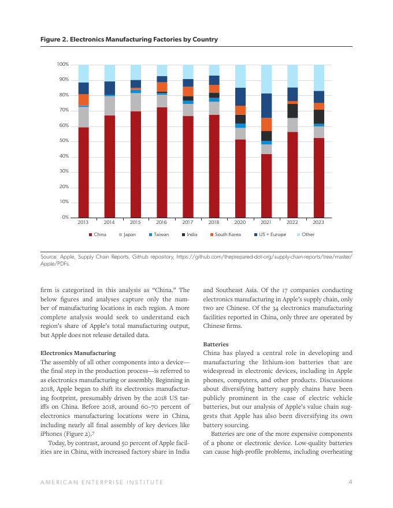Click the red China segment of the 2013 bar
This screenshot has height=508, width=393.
pos(83,172)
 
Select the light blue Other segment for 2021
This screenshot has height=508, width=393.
pos(266,79)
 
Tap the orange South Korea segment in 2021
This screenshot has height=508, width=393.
pos(266,124)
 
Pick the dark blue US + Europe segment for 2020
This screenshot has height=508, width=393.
pos(240,96)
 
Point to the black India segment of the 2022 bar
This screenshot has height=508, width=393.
pos(292,110)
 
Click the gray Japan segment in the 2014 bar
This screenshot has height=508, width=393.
pos(110,106)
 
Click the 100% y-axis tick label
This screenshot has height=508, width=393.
pos(62,65)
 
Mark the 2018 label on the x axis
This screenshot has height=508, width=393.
pos(214,222)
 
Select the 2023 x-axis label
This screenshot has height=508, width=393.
pos(318,222)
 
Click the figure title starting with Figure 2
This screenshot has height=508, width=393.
pos(129,39)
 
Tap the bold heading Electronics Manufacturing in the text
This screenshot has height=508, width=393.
pos(79,353)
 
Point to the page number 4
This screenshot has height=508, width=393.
pos(351,481)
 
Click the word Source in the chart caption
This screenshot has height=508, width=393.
pos(49,256)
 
